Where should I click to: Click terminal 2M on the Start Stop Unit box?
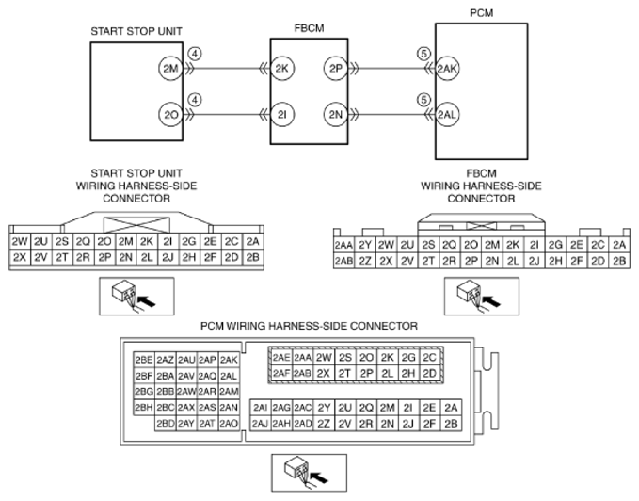pyautogui.click(x=170, y=68)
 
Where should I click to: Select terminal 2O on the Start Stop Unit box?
pyautogui.click(x=170, y=115)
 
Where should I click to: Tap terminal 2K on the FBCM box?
pyautogui.click(x=282, y=68)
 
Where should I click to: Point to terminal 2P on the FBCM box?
pyautogui.click(x=336, y=68)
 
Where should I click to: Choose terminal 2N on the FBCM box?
pyautogui.click(x=336, y=115)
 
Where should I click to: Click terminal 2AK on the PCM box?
pyautogui.click(x=448, y=68)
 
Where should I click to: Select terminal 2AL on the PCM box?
pyautogui.click(x=448, y=115)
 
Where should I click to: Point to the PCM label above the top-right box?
pyautogui.click(x=481, y=14)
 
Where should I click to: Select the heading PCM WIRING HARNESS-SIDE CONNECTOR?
pyautogui.click(x=309, y=325)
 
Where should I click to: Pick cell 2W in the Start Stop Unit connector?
pyautogui.click(x=18, y=240)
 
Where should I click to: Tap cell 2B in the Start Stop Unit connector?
pyautogui.click(x=251, y=256)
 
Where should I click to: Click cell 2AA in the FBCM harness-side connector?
pyautogui.click(x=343, y=245)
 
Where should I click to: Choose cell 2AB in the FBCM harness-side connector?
pyautogui.click(x=343, y=260)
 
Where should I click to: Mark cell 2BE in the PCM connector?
pyautogui.click(x=144, y=359)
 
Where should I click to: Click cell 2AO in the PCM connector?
pyautogui.click(x=228, y=423)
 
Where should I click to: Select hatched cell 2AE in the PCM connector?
pyautogui.click(x=280, y=358)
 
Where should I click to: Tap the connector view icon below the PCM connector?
pyautogui.click(x=304, y=468)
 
